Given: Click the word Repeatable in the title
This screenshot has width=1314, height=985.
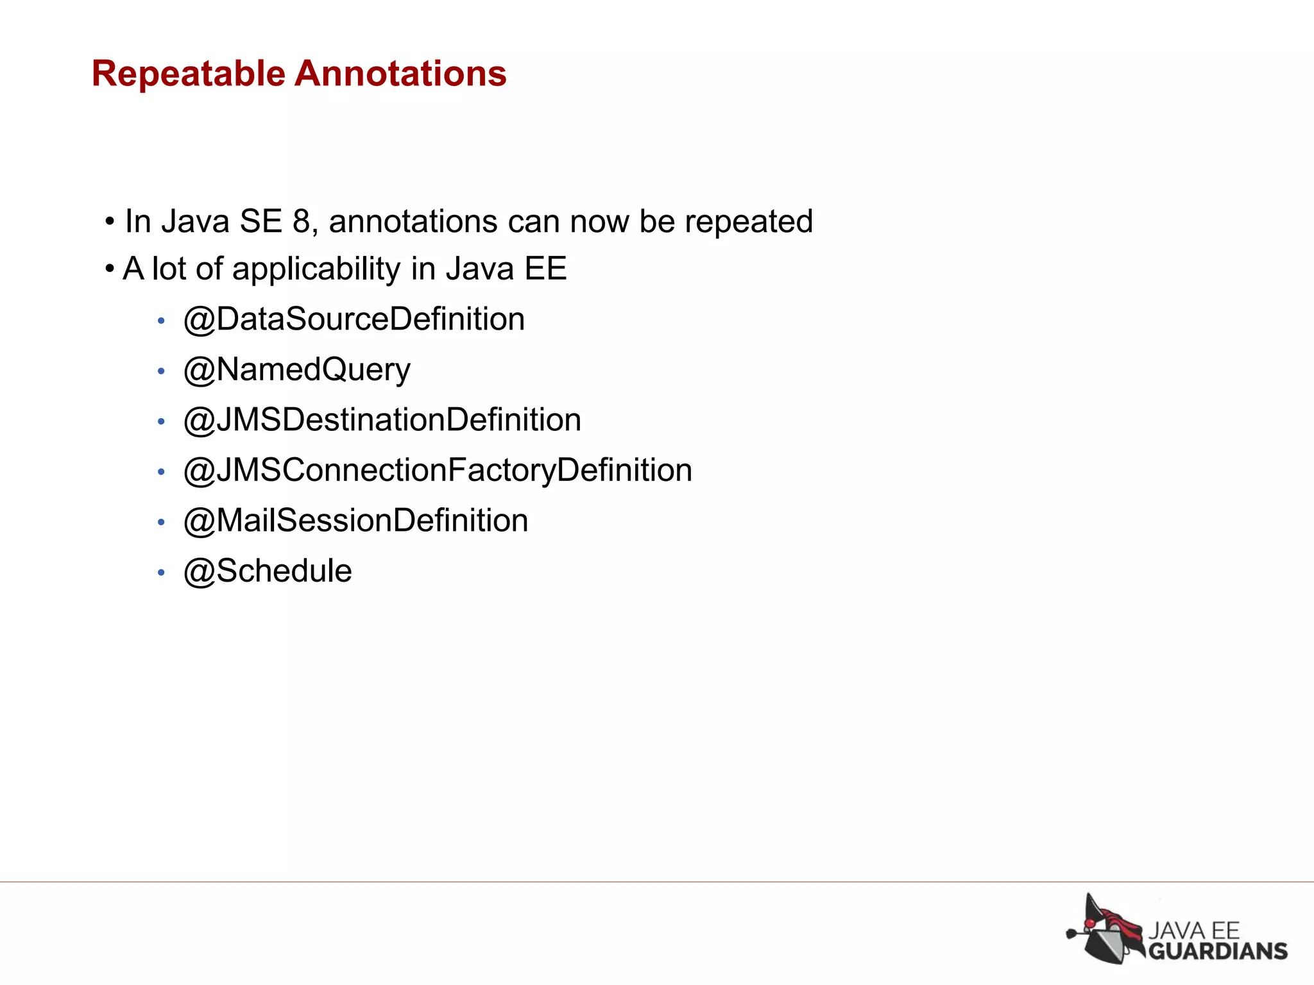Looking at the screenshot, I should coord(188,74).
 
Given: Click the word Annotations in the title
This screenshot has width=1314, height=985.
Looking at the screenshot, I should coord(400,74).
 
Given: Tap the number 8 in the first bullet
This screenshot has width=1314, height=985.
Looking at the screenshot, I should coord(302,222).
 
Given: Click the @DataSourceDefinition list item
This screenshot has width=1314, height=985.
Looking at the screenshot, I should coord(354,319).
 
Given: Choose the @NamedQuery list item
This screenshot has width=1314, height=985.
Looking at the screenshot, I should coord(296,370).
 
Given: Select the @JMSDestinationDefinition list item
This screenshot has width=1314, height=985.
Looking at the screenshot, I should coord(382,420).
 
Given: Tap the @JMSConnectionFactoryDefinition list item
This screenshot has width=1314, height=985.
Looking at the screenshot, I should coord(438,471).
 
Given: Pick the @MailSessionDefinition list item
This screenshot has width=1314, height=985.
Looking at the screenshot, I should coord(355,521).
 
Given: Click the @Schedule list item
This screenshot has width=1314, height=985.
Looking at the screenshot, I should coord(268,571).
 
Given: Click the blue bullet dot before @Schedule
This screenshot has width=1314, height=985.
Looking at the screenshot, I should coord(161,573).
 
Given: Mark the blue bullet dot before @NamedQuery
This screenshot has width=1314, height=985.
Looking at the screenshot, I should coord(161,371).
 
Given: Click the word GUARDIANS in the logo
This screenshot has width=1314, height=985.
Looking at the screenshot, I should coord(1217,950).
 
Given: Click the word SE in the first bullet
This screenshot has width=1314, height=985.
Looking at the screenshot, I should coord(260,222).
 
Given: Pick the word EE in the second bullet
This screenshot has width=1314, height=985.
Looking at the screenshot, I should coord(545,269).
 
